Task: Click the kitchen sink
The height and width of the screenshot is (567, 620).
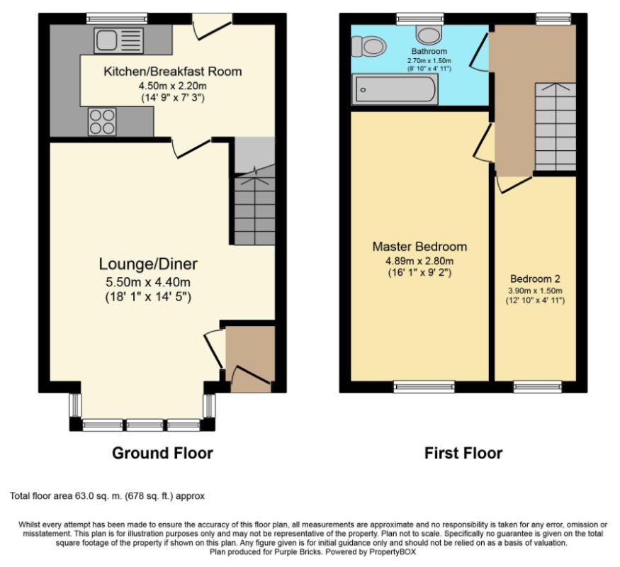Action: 118,40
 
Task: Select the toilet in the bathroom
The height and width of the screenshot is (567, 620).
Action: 368,47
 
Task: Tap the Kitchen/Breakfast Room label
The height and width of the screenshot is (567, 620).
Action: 172,72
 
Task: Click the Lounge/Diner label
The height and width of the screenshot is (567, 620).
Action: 148,264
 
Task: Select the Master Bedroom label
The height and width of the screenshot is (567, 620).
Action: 419,247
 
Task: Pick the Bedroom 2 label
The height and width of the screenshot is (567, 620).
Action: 535,279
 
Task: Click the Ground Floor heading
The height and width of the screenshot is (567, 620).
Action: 162,453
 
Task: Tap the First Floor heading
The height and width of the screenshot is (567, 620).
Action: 463,453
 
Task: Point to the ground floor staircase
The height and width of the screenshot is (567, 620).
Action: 254,202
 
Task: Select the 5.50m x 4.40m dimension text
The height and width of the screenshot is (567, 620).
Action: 148,282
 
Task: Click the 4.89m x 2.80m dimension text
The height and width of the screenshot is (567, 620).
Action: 419,260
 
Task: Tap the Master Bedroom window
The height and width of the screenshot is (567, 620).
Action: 424,386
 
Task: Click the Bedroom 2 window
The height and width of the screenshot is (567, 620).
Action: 537,386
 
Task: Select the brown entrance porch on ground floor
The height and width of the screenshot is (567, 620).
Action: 249,358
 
